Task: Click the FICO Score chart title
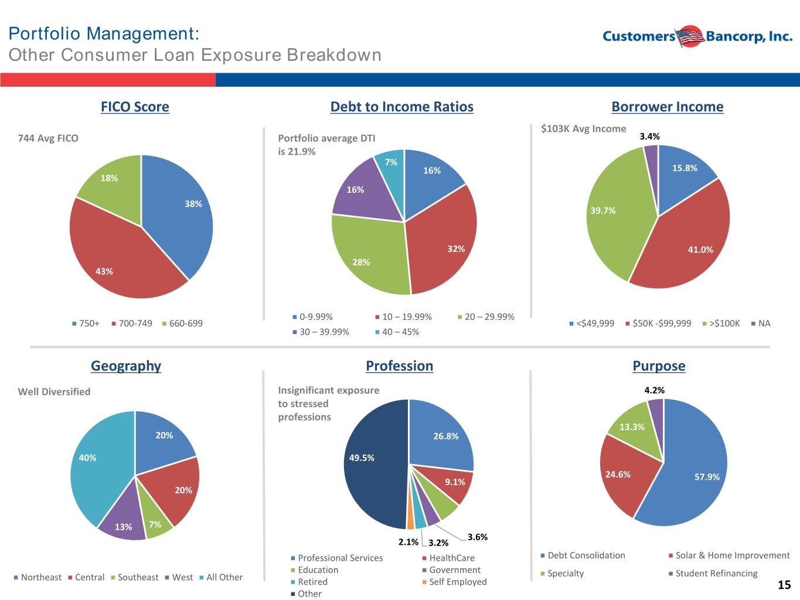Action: pyautogui.click(x=135, y=107)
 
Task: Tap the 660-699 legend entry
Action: pyautogui.click(x=182, y=323)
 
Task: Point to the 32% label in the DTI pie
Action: pyautogui.click(x=456, y=249)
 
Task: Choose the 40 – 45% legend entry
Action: pyautogui.click(x=397, y=332)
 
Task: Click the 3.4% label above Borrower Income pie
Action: pyautogui.click(x=649, y=137)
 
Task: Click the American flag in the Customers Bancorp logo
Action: pyautogui.click(x=690, y=36)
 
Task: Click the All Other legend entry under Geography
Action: pyautogui.click(x=221, y=577)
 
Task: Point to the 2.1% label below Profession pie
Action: pyautogui.click(x=408, y=542)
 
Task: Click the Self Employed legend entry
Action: pyautogui.click(x=454, y=582)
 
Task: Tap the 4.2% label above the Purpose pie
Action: pyautogui.click(x=654, y=390)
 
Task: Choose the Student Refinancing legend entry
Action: pyautogui.click(x=713, y=574)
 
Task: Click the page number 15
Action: pyautogui.click(x=784, y=585)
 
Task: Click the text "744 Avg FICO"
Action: pyautogui.click(x=48, y=138)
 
